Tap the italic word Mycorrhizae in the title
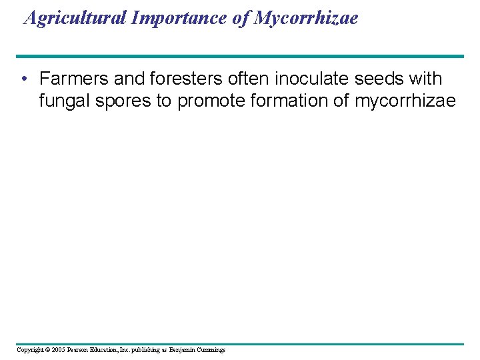click(305, 18)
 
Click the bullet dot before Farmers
click(24, 79)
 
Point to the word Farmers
click(74, 79)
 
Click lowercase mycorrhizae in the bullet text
click(405, 101)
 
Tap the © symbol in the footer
click(48, 350)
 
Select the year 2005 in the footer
click(59, 350)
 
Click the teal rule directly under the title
click(240, 56)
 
